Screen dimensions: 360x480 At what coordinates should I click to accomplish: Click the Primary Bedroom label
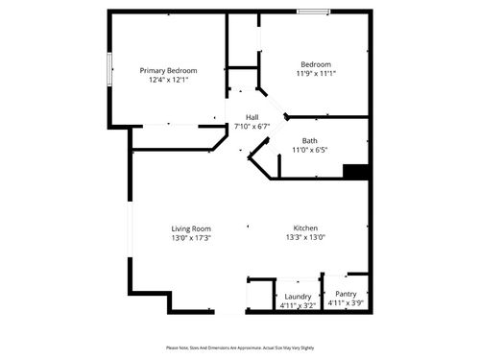coord(168,71)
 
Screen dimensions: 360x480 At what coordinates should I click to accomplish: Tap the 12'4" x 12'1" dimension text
coord(168,81)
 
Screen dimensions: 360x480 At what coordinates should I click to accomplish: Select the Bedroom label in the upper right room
coord(316,64)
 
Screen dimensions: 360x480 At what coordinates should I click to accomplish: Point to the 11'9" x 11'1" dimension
coord(316,74)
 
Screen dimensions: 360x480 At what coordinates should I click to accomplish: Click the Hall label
coord(252,117)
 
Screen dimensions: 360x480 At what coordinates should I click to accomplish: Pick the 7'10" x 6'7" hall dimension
coord(252,126)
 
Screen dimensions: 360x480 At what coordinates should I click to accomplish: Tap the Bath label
coord(310,141)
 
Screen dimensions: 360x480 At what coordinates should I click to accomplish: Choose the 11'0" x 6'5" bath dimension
coord(310,150)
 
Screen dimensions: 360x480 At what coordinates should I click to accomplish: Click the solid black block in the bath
coord(356,172)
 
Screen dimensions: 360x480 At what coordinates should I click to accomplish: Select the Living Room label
coord(191,228)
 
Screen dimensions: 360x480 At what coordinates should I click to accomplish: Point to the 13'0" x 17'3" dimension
coord(191,238)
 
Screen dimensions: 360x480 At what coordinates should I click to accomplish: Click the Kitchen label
coord(305,228)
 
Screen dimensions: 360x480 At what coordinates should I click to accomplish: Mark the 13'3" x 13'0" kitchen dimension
coord(305,238)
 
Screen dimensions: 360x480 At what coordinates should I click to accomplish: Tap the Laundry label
coord(298,297)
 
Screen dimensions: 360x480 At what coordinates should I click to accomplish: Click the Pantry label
coord(346,294)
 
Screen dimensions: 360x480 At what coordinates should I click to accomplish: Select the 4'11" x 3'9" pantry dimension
coord(346,303)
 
